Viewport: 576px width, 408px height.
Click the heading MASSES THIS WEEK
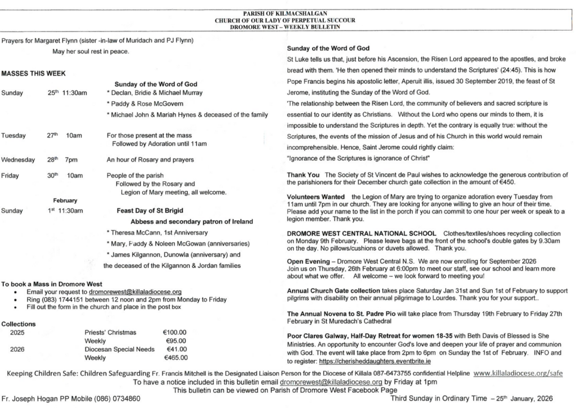(33, 74)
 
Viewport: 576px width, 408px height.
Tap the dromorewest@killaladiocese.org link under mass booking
(135, 292)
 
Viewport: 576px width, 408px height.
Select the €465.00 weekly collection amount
(175, 357)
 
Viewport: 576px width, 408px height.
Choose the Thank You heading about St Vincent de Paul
(303, 174)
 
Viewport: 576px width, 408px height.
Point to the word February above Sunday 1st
(65, 200)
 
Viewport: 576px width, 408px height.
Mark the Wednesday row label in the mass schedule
(19, 160)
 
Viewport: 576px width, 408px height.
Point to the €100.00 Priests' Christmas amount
(175, 333)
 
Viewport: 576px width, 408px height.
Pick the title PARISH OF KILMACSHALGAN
(288, 12)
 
